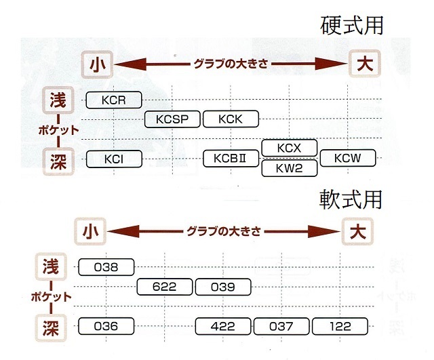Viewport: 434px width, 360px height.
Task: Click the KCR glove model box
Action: click(114, 100)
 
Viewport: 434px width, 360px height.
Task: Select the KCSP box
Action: click(172, 119)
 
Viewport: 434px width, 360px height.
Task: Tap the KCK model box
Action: click(231, 119)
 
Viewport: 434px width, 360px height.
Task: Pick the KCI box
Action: click(114, 159)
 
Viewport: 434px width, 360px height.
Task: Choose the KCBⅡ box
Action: click(232, 159)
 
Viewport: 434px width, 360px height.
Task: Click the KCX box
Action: click(290, 148)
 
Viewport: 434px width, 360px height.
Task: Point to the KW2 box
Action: click(290, 168)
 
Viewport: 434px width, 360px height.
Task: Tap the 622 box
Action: click(165, 287)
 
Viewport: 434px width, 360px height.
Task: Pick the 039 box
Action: click(223, 287)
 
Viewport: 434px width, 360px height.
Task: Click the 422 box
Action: click(224, 326)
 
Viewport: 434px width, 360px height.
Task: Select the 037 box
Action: click(281, 326)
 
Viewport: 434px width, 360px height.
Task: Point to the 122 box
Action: click(340, 326)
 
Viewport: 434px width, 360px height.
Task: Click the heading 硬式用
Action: click(351, 25)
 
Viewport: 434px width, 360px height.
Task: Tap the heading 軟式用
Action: click(351, 199)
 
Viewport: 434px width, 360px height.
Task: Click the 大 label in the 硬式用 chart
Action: click(365, 65)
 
